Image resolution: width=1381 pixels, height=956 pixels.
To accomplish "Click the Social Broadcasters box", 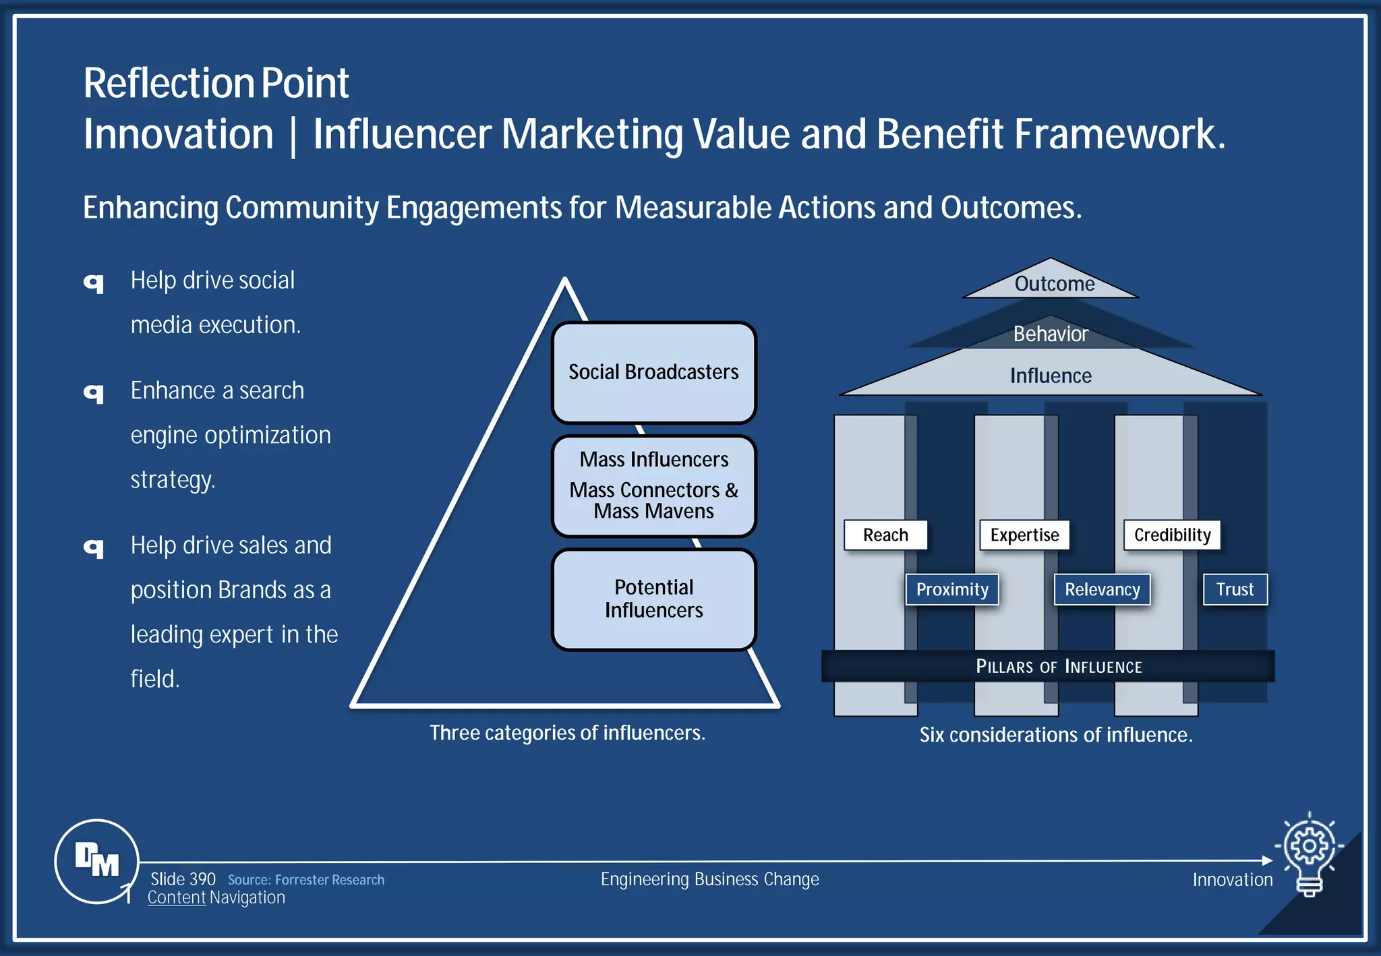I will pos(653,372).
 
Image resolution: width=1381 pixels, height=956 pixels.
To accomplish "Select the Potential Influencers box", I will pos(653,599).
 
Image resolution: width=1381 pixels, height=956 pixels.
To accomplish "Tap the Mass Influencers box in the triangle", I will pos(653,485).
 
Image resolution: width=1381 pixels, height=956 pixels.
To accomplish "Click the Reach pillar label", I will pos(885,535).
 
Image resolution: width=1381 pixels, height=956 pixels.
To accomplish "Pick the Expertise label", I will pos(1024,535).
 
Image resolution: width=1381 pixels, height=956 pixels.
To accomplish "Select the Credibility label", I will pos(1172,535).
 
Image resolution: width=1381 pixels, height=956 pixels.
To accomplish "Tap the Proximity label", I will pos(951,589).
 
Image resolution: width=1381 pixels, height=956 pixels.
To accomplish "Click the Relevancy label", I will pos(1102,589).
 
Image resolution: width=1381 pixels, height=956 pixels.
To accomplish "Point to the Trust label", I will pos(1235,589).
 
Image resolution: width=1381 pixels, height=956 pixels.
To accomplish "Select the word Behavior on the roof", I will pos(1051,334).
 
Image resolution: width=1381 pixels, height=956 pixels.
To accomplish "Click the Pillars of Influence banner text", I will pos(1059,666).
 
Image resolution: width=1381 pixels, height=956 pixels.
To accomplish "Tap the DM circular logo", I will pos(96,861).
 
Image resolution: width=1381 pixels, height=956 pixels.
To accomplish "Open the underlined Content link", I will pos(176,897).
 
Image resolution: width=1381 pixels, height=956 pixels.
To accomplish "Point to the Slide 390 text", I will pos(183,879).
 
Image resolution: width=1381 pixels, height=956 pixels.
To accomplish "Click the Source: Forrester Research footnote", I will pos(306,880).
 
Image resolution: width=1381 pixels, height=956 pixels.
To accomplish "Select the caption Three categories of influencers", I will pos(567,733).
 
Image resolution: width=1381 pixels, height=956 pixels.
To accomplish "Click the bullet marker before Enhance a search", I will pos(94,392).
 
